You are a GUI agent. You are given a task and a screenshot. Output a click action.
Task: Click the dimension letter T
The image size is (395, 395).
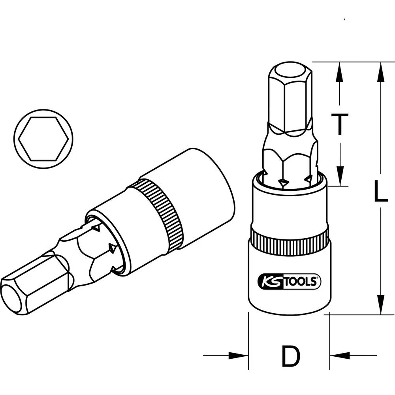(x=339, y=124)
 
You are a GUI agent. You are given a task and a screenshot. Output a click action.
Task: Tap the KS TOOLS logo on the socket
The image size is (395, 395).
(x=289, y=281)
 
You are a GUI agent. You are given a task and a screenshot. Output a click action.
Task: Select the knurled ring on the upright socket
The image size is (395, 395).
(x=289, y=239)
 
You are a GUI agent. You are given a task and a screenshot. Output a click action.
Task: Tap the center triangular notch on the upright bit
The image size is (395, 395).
(x=283, y=182)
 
